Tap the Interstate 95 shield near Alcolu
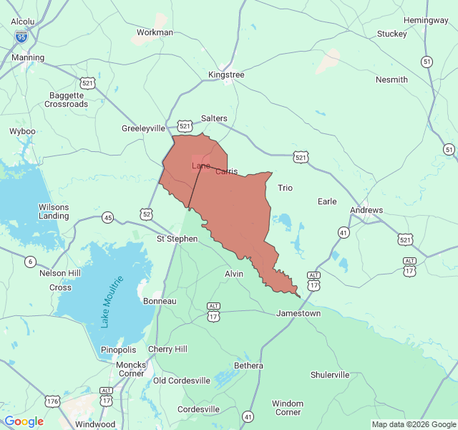(22, 35)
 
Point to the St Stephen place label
(177, 238)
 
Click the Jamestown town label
(298, 313)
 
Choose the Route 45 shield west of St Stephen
(107, 217)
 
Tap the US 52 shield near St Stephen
(147, 214)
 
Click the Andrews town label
(366, 210)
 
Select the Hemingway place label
(426, 20)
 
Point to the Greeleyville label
(143, 128)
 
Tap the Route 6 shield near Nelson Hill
(30, 262)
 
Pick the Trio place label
(285, 188)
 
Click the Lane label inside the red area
(200, 166)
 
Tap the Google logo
(24, 421)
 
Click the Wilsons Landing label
(54, 211)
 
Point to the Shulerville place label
(330, 375)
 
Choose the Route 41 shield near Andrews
(343, 232)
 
